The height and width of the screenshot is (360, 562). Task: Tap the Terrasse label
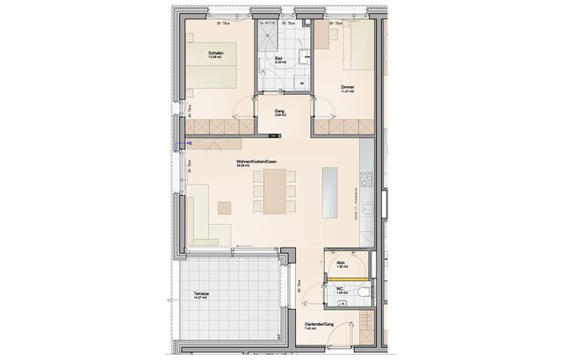coord(191,295)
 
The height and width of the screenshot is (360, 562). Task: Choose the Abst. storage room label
coord(341,263)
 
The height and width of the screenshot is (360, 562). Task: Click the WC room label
coord(339,287)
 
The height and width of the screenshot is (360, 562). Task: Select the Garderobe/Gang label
coord(319,325)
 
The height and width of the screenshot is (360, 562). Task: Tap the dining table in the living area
coord(273,192)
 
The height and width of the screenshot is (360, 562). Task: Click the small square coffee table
coord(225,207)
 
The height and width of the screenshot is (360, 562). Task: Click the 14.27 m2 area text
coord(191,300)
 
